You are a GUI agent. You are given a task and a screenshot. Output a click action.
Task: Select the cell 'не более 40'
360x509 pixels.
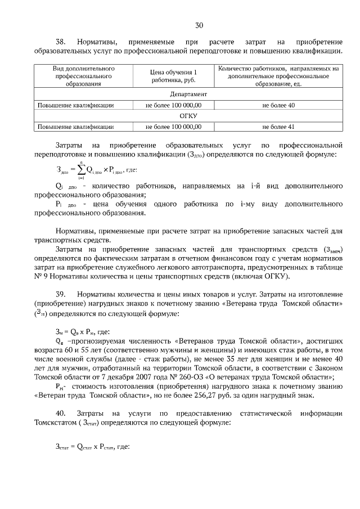click(x=278, y=105)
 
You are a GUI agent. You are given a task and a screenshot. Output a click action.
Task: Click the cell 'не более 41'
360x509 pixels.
click(x=278, y=127)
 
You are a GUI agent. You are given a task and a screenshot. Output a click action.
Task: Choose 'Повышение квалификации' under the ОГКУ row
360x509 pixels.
click(x=76, y=127)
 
